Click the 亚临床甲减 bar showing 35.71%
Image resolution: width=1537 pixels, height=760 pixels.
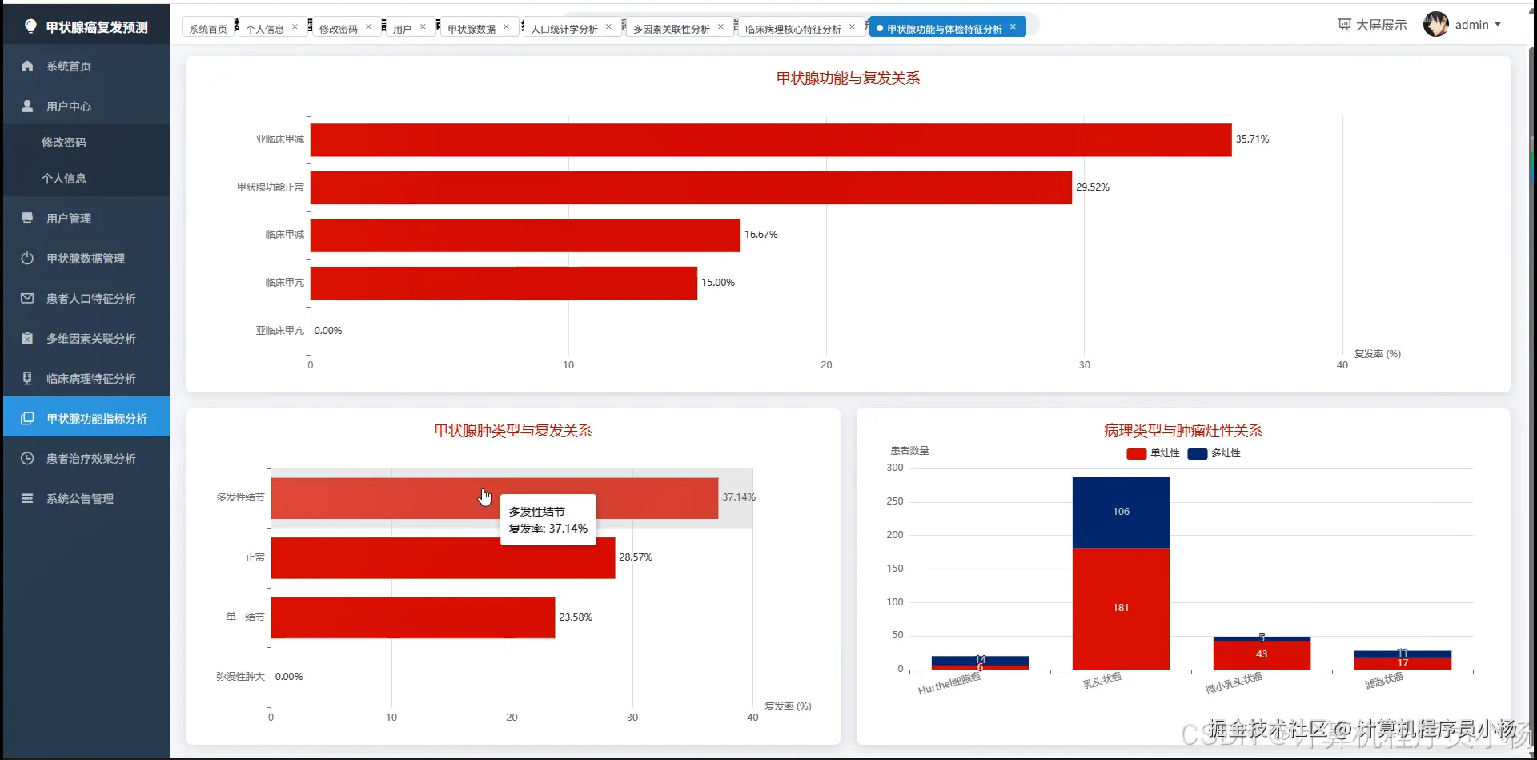770,140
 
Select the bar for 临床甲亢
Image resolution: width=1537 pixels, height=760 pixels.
504,283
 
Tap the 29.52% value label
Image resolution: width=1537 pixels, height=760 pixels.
1092,187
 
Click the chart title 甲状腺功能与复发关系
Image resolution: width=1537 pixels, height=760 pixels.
848,78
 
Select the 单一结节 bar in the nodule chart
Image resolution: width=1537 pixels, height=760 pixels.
412,617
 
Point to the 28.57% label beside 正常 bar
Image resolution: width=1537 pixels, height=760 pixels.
636,557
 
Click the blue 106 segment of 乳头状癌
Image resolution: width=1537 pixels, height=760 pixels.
1121,512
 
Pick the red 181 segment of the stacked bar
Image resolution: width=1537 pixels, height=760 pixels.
1121,608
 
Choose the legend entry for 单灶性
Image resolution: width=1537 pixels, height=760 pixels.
1153,454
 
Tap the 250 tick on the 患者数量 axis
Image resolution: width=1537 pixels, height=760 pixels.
895,501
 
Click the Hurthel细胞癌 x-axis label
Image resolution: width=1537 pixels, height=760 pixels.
949,684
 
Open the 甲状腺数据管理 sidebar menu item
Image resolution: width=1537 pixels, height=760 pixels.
86,259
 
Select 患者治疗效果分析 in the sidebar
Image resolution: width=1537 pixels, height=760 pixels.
90,459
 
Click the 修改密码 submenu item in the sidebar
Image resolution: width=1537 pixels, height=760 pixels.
64,143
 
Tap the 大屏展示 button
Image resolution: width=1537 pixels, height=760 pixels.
1372,25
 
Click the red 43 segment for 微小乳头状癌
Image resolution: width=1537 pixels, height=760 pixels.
1262,654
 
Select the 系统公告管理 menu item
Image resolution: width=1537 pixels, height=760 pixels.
80,499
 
